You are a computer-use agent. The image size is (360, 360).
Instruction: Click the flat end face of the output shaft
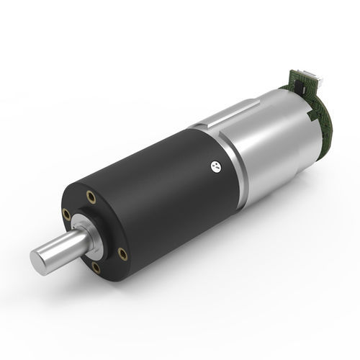42,258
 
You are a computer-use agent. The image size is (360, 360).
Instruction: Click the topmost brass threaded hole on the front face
91,195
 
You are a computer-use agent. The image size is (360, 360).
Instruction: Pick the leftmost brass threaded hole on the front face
66,213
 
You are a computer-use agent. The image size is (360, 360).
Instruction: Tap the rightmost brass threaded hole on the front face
122,253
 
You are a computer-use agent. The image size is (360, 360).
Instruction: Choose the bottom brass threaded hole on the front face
96,268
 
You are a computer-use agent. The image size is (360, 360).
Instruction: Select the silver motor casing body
266,137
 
